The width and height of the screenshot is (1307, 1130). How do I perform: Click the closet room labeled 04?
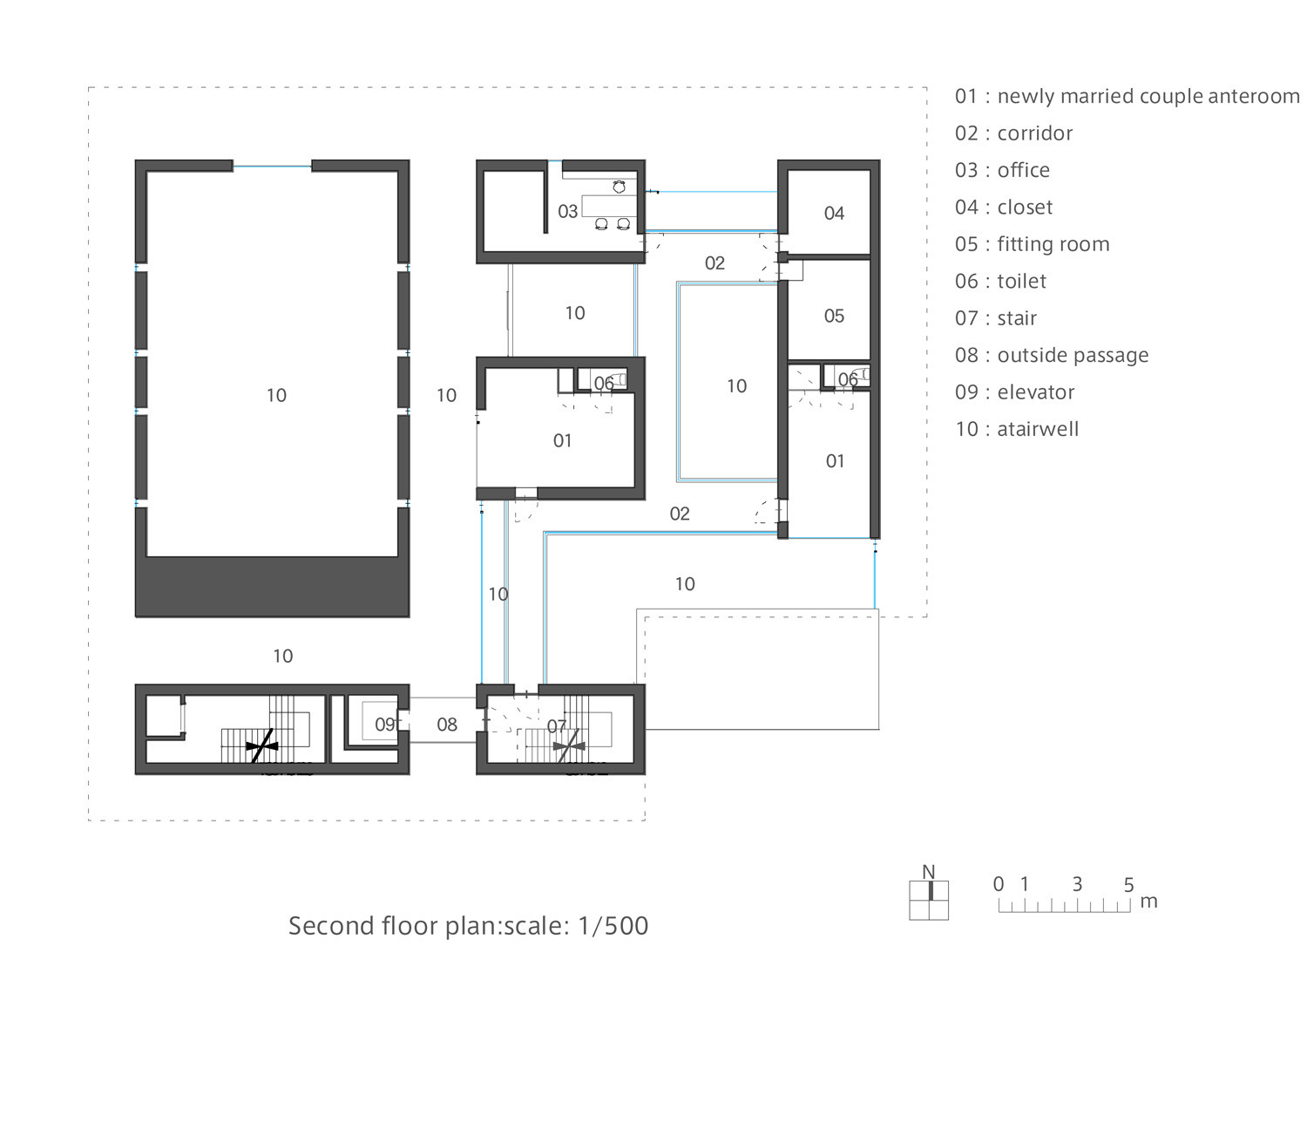point(834,213)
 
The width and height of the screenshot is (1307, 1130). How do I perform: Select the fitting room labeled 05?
point(834,316)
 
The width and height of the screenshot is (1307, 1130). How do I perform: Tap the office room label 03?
point(567,211)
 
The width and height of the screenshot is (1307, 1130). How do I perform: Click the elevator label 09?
point(385,725)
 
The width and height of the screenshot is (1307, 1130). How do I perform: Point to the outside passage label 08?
point(447,725)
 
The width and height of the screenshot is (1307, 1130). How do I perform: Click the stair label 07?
point(557,725)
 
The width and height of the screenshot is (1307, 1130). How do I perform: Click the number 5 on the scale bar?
point(1128,885)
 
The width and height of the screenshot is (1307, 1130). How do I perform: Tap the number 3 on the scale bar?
point(1077,884)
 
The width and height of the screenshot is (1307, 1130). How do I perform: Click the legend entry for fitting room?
point(1032,244)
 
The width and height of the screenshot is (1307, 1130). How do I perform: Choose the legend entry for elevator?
point(1014,392)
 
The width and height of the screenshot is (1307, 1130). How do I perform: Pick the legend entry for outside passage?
point(1051,355)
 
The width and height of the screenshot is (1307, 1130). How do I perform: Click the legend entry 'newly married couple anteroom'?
point(1127,96)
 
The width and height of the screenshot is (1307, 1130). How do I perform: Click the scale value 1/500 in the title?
point(613,925)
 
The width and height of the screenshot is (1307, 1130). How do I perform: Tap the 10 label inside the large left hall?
point(276,396)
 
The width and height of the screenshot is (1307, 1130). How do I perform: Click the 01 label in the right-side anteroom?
point(835,461)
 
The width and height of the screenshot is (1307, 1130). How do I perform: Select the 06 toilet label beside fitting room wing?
point(847,379)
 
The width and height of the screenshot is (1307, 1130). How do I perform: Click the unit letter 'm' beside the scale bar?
point(1148,902)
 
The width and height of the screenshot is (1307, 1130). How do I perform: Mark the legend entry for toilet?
point(1000,281)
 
